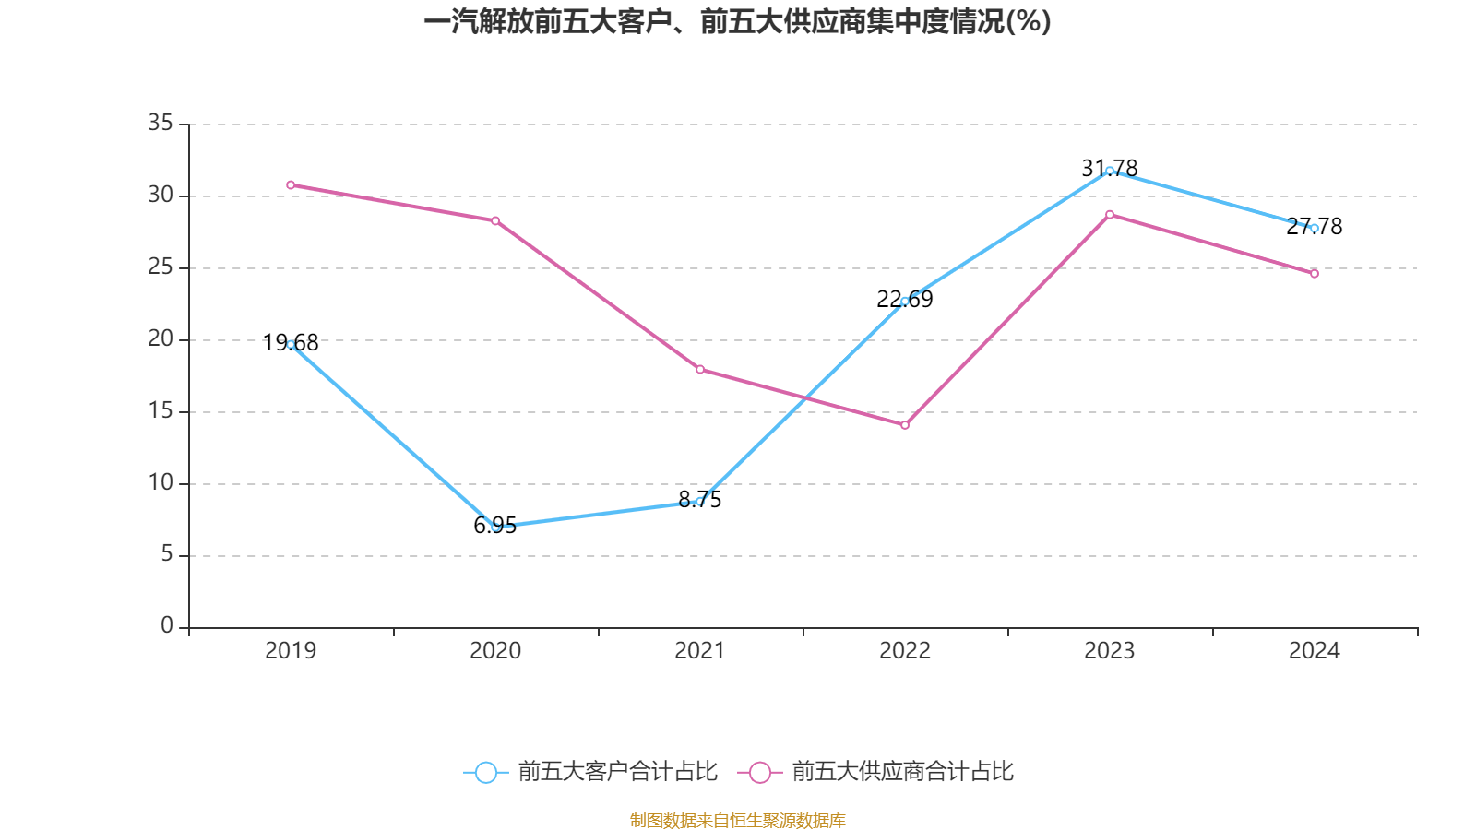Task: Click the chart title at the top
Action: pos(737,22)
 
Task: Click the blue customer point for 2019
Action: pos(291,344)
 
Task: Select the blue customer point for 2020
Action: pos(495,527)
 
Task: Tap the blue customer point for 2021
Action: pos(700,502)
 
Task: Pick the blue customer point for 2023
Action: pos(1110,171)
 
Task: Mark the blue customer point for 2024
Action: pos(1315,228)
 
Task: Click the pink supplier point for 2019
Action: pos(291,184)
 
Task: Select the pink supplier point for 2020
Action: pos(495,220)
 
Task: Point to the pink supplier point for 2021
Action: pos(700,370)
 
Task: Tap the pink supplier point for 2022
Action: pos(905,425)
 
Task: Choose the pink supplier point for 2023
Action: pos(1110,214)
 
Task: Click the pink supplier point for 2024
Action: pos(1315,274)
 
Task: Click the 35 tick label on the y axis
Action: pos(161,123)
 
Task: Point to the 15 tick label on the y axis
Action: pos(161,410)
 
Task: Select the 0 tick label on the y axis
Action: pos(167,626)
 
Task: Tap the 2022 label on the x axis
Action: pos(905,651)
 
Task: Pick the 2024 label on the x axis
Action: pos(1315,651)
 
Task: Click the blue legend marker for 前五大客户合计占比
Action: pos(485,772)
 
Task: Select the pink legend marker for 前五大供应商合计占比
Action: pos(759,772)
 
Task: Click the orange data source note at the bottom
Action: pos(737,820)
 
